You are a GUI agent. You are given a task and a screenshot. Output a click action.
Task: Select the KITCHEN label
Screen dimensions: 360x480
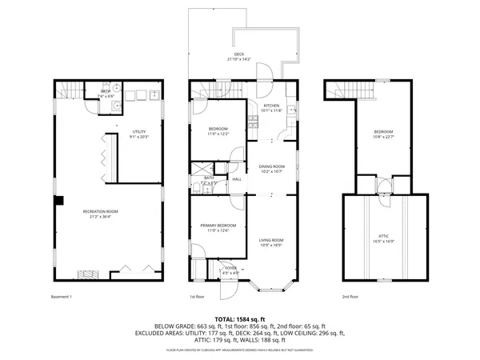[272, 108]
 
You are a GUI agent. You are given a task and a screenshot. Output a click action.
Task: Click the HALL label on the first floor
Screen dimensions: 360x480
[237, 178]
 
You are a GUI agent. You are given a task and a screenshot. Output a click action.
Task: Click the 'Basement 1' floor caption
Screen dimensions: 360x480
[62, 296]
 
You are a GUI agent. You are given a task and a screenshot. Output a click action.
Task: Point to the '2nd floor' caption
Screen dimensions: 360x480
[350, 296]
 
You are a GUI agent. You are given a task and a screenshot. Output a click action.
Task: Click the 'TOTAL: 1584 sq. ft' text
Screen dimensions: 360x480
[239, 318]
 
